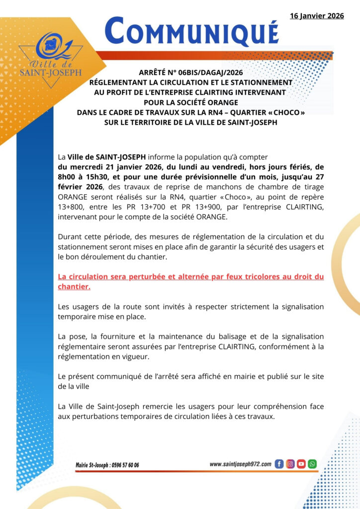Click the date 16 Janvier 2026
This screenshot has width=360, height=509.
(x=317, y=16)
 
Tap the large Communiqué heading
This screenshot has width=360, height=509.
(x=192, y=31)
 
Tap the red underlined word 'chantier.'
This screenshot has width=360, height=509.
(x=74, y=287)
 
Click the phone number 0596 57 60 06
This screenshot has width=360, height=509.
(x=121, y=465)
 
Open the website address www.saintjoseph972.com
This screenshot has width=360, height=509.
(x=241, y=464)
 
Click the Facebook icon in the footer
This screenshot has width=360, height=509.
(x=279, y=464)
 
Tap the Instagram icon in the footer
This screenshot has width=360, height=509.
(x=290, y=464)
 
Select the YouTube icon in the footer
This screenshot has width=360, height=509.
(x=301, y=464)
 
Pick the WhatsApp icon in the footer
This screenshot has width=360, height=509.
(x=312, y=464)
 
